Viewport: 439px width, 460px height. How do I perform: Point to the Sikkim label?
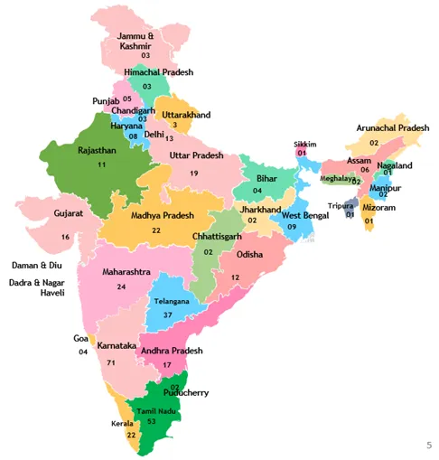pyautogui.click(x=305, y=145)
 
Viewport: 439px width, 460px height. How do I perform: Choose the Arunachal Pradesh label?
pyautogui.click(x=392, y=128)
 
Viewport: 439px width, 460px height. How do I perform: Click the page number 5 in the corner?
pyautogui.click(x=428, y=445)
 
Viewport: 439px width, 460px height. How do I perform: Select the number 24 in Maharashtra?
pyautogui.click(x=121, y=286)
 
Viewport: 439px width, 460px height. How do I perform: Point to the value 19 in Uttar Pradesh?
pyautogui.click(x=193, y=173)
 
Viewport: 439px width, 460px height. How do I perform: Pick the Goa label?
pyautogui.click(x=81, y=338)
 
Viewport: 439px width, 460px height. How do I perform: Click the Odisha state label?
pyautogui.click(x=249, y=255)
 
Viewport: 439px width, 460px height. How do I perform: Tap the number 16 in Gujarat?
pyautogui.click(x=65, y=237)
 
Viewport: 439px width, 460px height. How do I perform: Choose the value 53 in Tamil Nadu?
pyautogui.click(x=152, y=422)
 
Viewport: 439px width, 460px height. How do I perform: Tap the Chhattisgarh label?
pyautogui.click(x=216, y=236)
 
